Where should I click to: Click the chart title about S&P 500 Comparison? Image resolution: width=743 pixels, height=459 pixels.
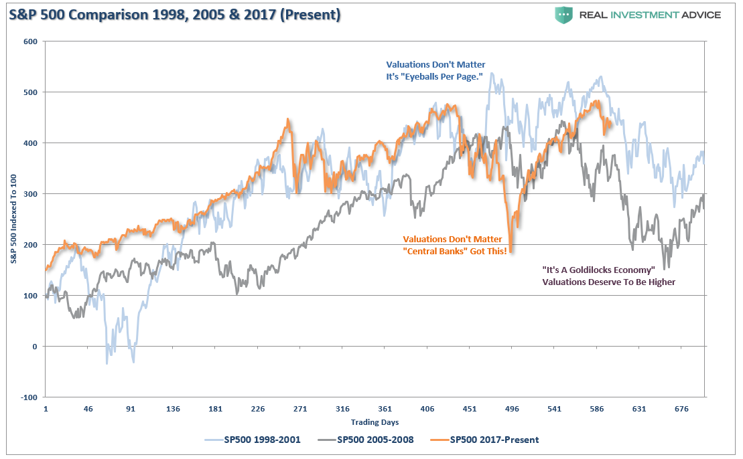coord(175,14)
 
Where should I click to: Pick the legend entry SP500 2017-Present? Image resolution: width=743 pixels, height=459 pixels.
coord(486,440)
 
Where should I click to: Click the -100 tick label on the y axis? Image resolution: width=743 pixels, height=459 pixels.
coord(29,397)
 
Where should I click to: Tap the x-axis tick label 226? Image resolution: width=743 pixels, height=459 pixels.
coord(258,409)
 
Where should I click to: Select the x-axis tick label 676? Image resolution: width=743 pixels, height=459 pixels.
coord(681,409)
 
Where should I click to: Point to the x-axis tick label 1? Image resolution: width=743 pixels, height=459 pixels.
coord(46,409)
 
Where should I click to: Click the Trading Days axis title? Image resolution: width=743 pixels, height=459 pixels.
coord(375,422)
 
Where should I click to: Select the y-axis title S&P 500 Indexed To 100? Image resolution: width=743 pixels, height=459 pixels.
coord(14,219)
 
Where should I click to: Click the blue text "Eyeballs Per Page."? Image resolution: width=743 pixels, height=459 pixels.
coord(435,77)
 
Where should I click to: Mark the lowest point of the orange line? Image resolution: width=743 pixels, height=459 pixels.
coord(511,252)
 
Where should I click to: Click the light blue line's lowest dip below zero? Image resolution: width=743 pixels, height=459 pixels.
coord(107,363)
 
